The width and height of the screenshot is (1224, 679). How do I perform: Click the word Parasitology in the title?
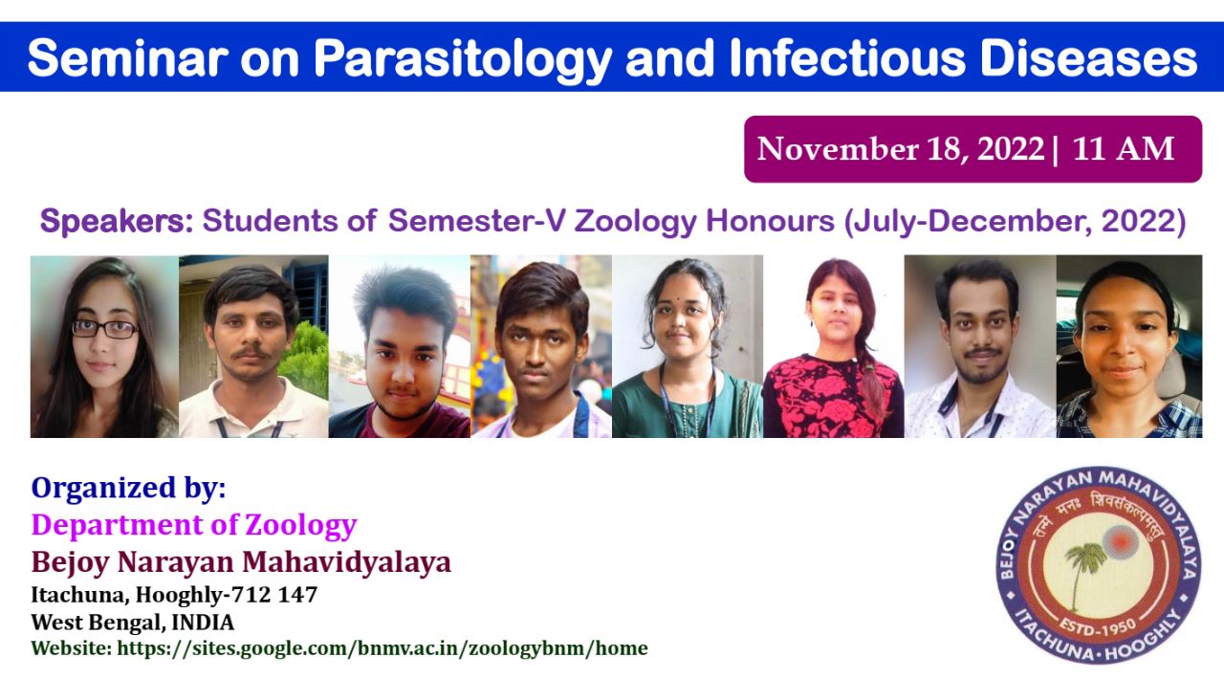tap(463, 58)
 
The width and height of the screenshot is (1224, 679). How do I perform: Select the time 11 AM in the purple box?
tap(1123, 148)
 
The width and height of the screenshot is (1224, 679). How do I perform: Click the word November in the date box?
tap(837, 148)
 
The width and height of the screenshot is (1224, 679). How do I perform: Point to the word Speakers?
tap(117, 222)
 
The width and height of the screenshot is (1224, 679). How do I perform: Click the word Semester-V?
tap(476, 221)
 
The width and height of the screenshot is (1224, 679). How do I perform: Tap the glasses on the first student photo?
tap(105, 329)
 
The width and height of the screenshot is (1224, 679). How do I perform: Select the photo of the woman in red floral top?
tap(833, 346)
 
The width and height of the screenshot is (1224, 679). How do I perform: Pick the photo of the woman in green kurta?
tap(688, 346)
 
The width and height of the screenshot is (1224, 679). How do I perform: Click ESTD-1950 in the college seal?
tap(1098, 627)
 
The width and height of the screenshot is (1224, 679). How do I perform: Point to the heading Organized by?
tap(128, 488)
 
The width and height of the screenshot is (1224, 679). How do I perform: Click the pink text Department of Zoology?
tap(194, 525)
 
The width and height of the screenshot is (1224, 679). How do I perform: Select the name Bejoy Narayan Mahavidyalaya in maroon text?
tap(241, 562)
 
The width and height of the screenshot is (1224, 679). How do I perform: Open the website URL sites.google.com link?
tap(382, 648)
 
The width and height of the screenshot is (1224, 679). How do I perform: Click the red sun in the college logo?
tap(1120, 542)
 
